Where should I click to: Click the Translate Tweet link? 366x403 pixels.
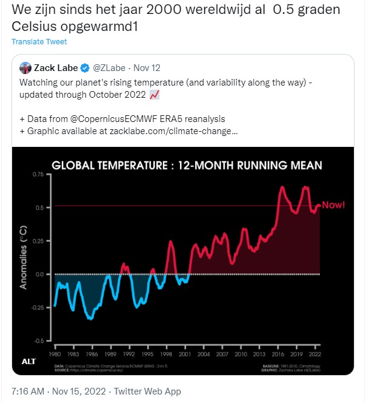pyautogui.click(x=39, y=42)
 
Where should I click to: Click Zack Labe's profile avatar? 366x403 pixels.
pyautogui.click(x=25, y=68)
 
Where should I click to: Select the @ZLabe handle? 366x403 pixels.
pyautogui.click(x=110, y=68)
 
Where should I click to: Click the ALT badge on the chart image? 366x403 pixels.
pyautogui.click(x=29, y=362)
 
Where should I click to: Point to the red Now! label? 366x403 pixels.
pyautogui.click(x=333, y=205)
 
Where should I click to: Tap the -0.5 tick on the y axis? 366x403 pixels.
pyautogui.click(x=38, y=340)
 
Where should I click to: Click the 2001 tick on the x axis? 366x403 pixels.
pyautogui.click(x=186, y=353)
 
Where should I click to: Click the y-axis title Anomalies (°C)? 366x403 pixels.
pyautogui.click(x=24, y=256)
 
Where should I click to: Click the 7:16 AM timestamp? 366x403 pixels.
pyautogui.click(x=30, y=391)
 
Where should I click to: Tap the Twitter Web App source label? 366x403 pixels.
pyautogui.click(x=147, y=391)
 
